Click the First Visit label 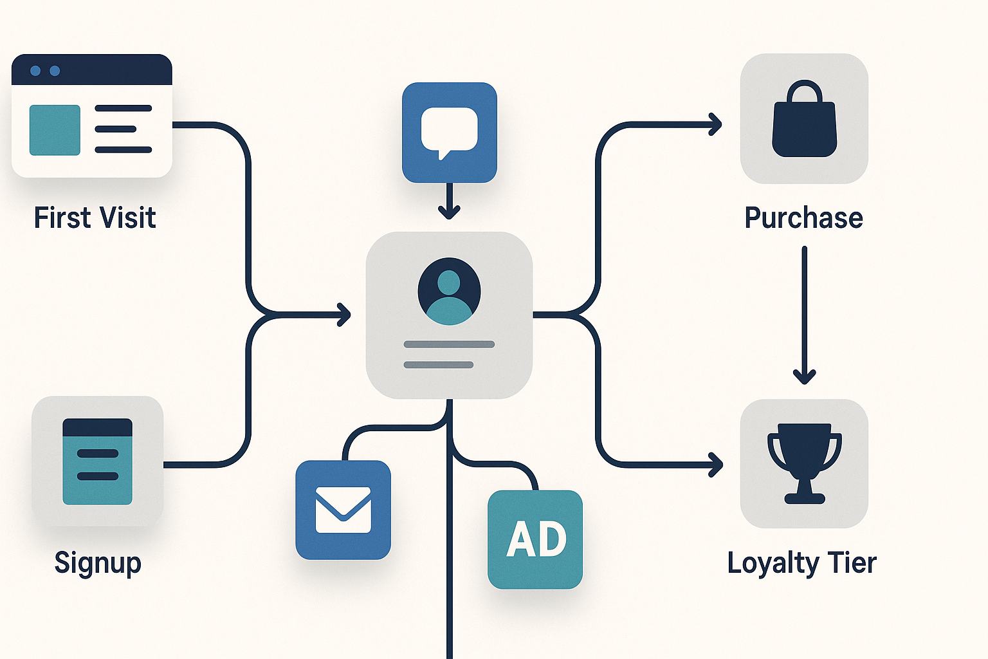95,218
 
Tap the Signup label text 97,563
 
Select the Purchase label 803,218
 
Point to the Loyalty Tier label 801,563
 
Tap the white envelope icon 343,510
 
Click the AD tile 535,539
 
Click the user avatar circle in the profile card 449,291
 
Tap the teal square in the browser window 55,130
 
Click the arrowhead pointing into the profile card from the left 345,315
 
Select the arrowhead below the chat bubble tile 449,211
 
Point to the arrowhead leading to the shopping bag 715,124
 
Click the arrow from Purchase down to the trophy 804,315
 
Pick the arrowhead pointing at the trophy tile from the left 715,464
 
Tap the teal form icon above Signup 97,461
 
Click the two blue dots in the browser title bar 45,71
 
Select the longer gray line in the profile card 449,344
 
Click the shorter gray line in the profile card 439,365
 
